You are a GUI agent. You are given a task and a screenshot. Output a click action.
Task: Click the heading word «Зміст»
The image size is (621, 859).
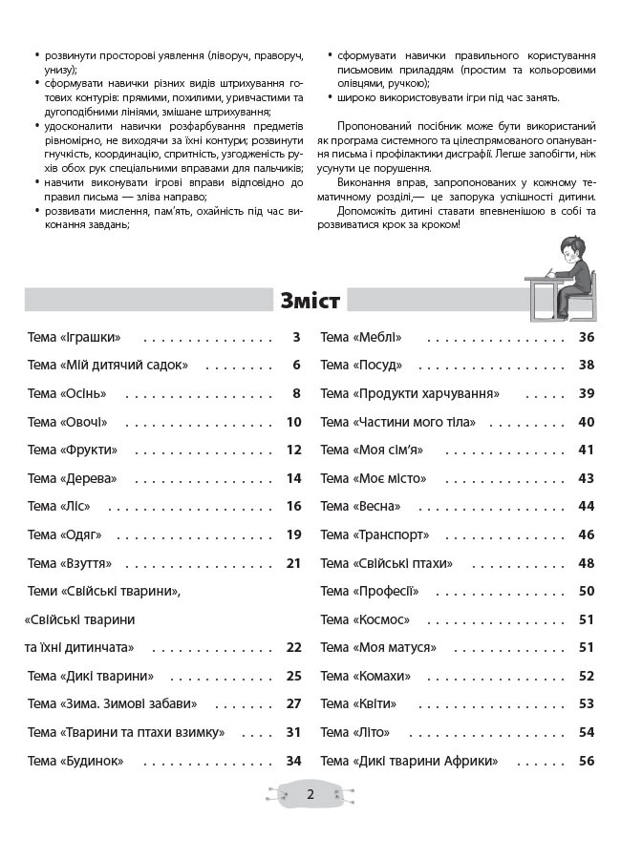click(x=310, y=301)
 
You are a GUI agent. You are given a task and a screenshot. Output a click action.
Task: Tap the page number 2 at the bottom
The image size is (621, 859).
click(x=310, y=795)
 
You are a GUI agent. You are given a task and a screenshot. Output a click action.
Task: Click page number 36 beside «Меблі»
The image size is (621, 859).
click(x=587, y=337)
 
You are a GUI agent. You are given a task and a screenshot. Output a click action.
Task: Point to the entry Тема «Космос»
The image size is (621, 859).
click(x=365, y=619)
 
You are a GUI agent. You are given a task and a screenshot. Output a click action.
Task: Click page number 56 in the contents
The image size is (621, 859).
click(x=587, y=761)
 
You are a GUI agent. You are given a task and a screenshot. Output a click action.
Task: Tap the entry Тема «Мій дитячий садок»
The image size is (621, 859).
click(x=108, y=365)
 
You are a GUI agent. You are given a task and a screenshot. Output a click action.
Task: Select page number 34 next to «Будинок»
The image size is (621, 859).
click(x=293, y=761)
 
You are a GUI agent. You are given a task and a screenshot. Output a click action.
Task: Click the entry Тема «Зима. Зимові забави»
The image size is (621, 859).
click(x=113, y=704)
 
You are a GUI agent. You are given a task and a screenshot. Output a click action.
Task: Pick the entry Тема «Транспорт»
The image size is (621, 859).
click(x=375, y=534)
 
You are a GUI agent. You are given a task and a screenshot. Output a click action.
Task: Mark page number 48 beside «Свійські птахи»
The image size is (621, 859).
click(x=587, y=563)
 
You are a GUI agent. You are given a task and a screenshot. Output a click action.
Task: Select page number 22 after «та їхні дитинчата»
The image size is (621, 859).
click(x=293, y=648)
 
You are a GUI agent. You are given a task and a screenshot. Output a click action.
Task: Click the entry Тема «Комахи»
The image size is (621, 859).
click(x=366, y=676)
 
